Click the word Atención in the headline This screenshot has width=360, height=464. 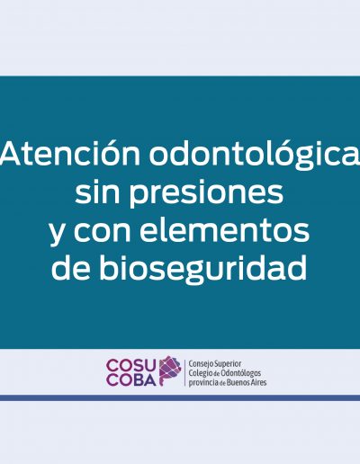70,153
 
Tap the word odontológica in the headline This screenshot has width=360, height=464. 255,155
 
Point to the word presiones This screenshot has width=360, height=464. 206,193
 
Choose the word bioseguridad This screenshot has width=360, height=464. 203,267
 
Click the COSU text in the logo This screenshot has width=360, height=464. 130,365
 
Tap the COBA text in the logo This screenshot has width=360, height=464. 131,379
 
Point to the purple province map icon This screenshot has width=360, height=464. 170,370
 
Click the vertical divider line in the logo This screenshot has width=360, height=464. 184,372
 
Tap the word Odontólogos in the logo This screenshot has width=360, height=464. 240,373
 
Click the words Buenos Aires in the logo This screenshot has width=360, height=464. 247,382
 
